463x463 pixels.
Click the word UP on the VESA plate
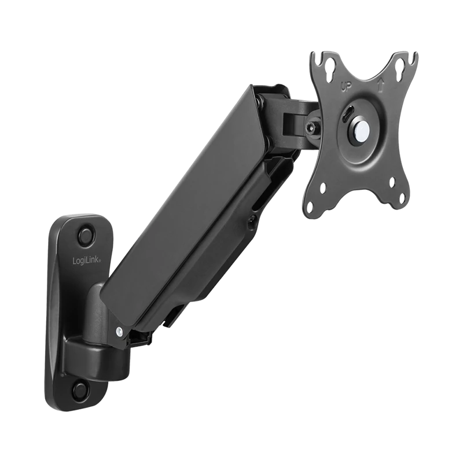pyautogui.click(x=345, y=87)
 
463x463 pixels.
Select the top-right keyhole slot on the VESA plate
pyautogui.click(x=399, y=65)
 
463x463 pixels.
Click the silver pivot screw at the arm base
pyautogui.click(x=119, y=331)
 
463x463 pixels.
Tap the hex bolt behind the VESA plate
pyautogui.click(x=310, y=127)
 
